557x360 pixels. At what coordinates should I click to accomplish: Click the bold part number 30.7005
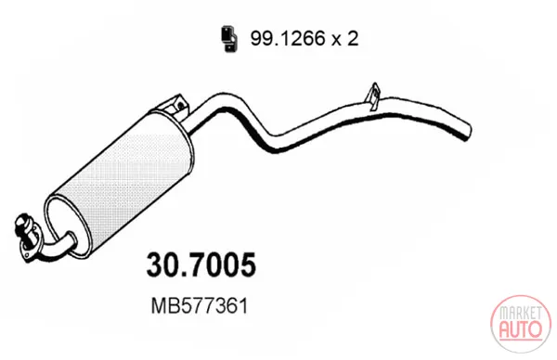click(x=201, y=264)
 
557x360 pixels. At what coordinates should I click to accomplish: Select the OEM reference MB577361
click(x=200, y=305)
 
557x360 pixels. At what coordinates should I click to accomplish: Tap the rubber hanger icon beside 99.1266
click(x=229, y=39)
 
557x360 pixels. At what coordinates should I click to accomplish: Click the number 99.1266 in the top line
click(x=288, y=38)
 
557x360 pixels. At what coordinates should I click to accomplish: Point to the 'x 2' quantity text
click(x=345, y=38)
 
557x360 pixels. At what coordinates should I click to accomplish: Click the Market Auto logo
click(x=521, y=324)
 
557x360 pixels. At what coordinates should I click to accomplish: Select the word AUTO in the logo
click(x=521, y=329)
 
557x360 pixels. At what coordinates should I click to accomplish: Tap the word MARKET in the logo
click(x=521, y=313)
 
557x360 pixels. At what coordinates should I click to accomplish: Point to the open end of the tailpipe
click(x=468, y=132)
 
